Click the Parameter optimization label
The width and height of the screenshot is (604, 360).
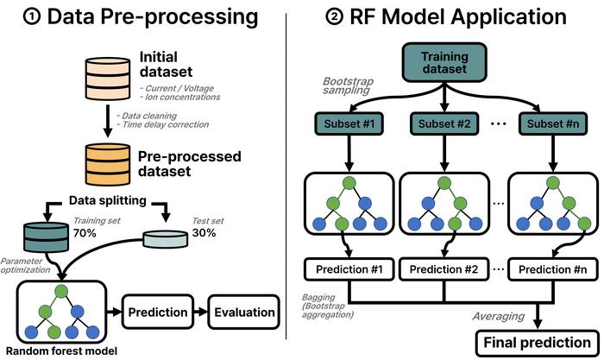click(26, 265)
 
